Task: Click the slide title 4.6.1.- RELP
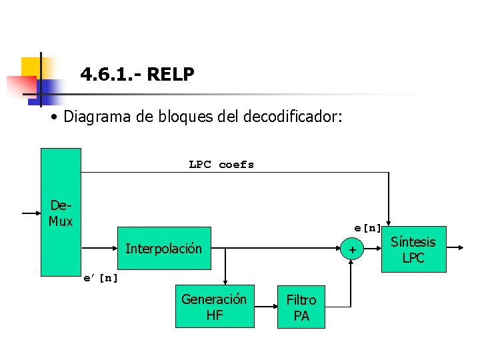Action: [x=137, y=74]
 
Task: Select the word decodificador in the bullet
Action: [x=293, y=117]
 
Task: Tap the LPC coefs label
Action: [x=221, y=165]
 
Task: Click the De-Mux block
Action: [x=61, y=212]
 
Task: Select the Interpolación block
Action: [x=163, y=249]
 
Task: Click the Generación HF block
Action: [x=214, y=307]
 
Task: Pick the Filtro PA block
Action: [x=301, y=308]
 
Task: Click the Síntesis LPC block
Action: [x=413, y=249]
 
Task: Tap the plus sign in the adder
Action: [x=352, y=250]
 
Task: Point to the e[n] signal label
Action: [x=367, y=228]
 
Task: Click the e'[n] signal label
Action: [x=100, y=278]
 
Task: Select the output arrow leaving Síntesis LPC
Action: [x=455, y=247]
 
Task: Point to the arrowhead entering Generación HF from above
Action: [x=226, y=282]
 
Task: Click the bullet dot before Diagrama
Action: [x=53, y=118]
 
